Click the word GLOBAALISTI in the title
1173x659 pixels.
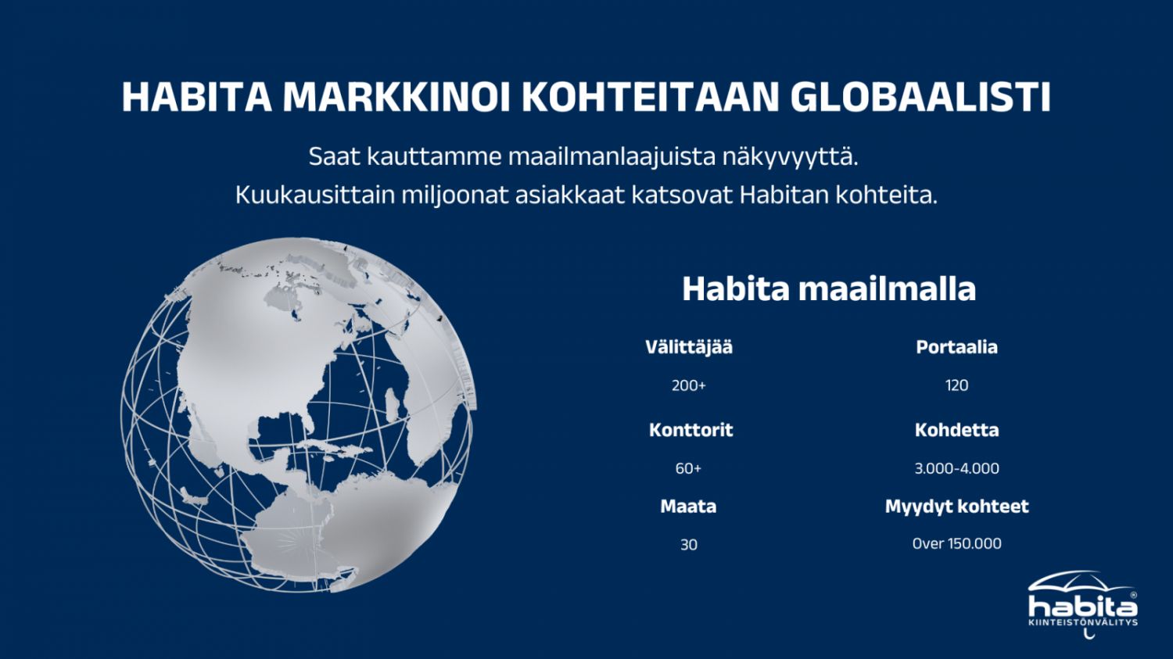point(920,97)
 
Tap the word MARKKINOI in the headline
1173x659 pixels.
point(396,97)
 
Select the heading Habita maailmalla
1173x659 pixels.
point(829,288)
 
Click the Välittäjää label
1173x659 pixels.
point(689,347)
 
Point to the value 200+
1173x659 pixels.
point(689,385)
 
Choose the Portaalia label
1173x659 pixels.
point(956,347)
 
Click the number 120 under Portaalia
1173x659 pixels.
point(956,385)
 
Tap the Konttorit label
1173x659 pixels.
point(691,430)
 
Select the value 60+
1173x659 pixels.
point(688,468)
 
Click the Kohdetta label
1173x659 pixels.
point(956,430)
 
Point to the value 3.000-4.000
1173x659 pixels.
point(956,468)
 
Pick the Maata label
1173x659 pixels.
point(688,506)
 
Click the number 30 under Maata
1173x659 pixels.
point(689,545)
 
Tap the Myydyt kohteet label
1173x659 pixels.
point(956,507)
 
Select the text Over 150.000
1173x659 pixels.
point(956,544)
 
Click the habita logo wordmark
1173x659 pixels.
point(1083,607)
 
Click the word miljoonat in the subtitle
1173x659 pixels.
point(455,195)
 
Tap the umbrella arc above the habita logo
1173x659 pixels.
point(1078,577)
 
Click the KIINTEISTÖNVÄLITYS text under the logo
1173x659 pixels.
point(1083,623)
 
